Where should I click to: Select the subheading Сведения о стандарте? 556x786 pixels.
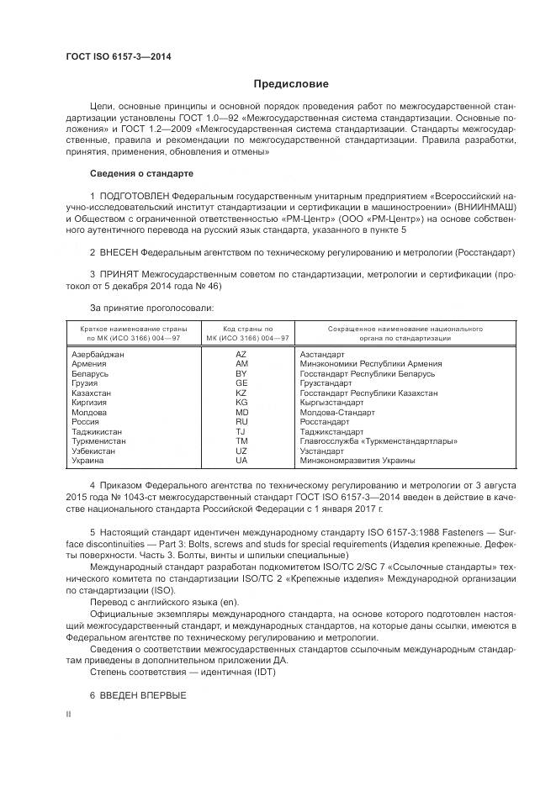[x=141, y=173]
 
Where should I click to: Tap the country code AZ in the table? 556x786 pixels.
[x=241, y=355]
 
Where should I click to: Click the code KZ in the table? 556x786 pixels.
[x=241, y=393]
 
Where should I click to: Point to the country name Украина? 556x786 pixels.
[x=88, y=461]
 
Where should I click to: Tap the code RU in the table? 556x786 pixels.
[x=241, y=422]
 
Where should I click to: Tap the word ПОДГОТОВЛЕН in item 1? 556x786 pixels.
[x=140, y=195]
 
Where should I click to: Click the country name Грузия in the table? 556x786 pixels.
[x=87, y=383]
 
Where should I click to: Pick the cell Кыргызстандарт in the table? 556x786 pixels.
[x=332, y=403]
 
